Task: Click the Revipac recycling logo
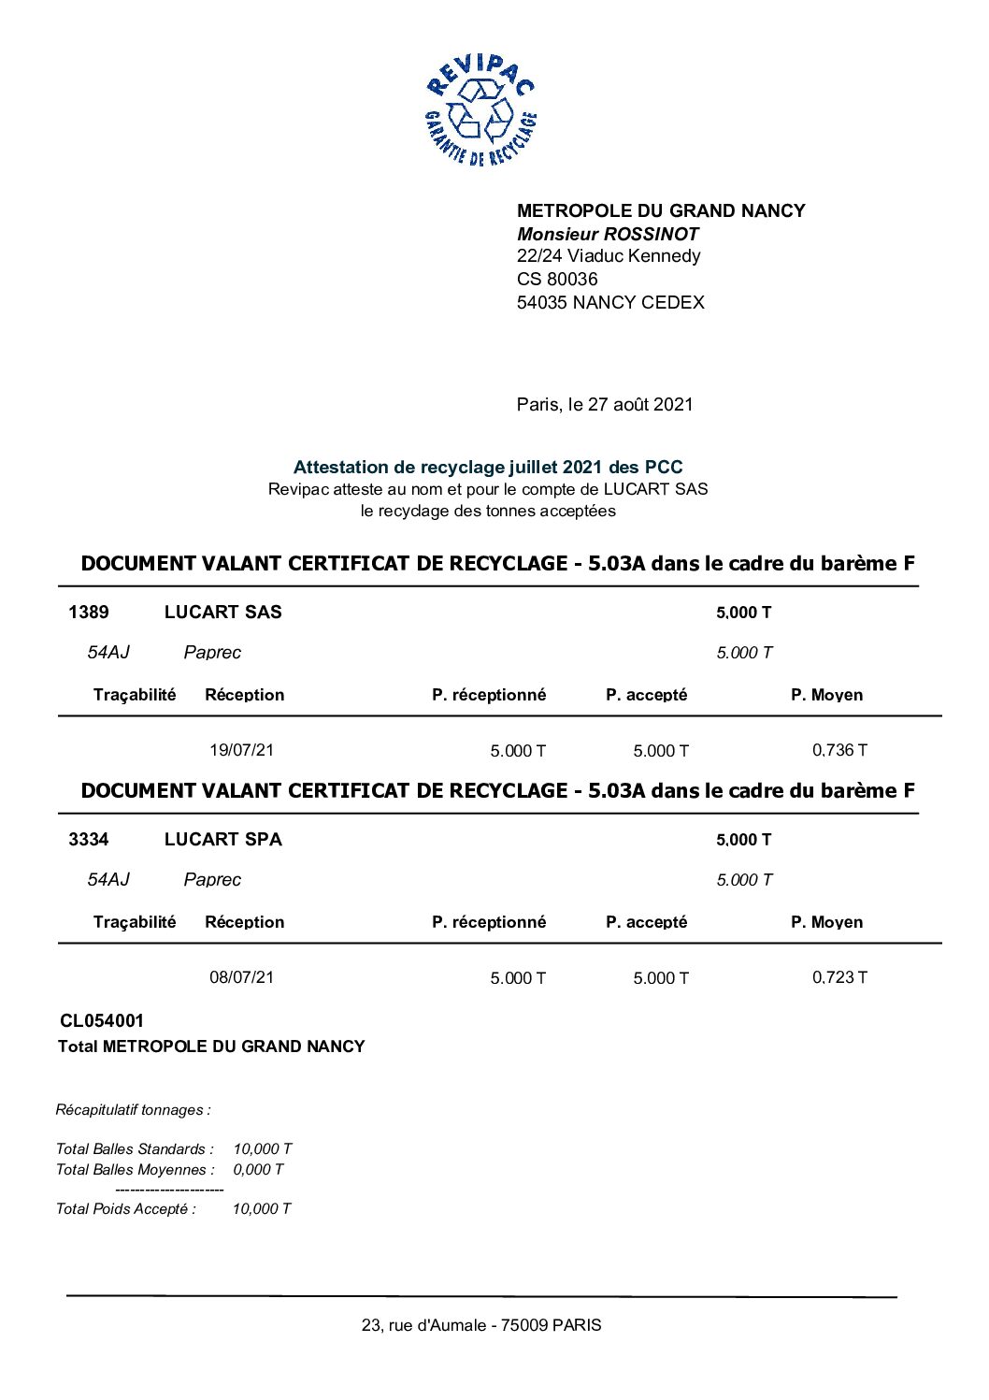(480, 110)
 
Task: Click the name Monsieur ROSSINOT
(608, 234)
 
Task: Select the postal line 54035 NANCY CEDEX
(610, 302)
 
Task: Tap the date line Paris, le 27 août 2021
(605, 404)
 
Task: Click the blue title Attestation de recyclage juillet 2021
(488, 467)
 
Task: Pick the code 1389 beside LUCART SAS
(89, 613)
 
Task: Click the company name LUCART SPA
(222, 840)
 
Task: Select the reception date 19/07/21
(241, 750)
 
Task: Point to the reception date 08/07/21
(241, 977)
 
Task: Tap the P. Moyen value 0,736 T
(839, 750)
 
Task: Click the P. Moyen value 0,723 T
(839, 977)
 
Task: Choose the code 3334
(89, 840)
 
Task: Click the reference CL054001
(102, 1021)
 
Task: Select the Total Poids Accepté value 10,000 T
(262, 1209)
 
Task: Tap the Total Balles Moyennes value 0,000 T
(258, 1170)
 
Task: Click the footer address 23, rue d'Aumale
(481, 1325)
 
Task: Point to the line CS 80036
(557, 279)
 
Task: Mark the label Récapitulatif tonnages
(134, 1110)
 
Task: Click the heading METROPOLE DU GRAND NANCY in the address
(661, 210)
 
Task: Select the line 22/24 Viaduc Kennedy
(609, 256)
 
